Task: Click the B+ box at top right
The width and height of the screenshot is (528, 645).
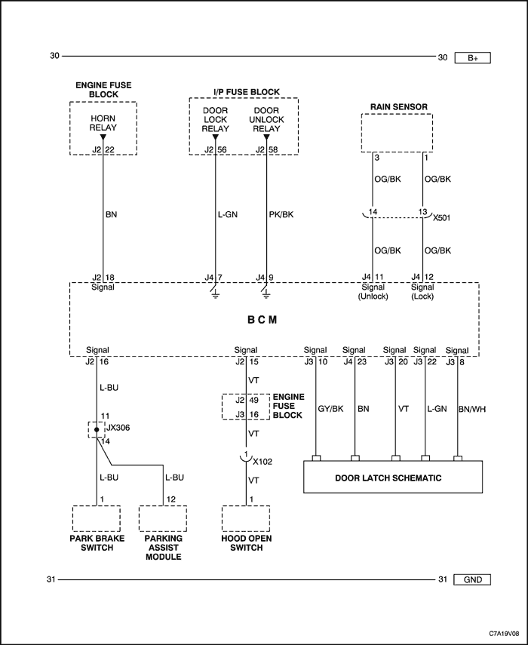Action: tap(472, 58)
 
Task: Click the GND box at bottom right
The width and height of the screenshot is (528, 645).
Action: tap(472, 579)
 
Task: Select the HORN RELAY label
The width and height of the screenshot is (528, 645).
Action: tap(103, 123)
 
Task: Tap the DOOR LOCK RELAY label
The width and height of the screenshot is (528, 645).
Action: tap(215, 120)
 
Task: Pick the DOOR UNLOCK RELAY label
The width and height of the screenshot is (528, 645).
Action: tap(266, 120)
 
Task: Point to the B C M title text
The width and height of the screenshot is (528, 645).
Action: tap(262, 320)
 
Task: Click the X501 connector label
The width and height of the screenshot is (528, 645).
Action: tap(442, 217)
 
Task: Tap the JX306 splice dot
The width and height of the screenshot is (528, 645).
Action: tap(97, 429)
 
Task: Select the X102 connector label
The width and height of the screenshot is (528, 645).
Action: tap(262, 462)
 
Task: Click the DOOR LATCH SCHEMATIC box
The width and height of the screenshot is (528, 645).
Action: tap(393, 477)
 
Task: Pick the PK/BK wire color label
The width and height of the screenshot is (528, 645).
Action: tap(281, 214)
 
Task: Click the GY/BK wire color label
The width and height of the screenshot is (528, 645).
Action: tap(330, 409)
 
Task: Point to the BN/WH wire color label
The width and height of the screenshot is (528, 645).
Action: tap(472, 409)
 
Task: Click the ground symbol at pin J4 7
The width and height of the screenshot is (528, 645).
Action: tap(215, 293)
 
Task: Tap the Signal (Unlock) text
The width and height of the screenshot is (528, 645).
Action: tap(373, 292)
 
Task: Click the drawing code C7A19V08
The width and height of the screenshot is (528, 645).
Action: tap(504, 633)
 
